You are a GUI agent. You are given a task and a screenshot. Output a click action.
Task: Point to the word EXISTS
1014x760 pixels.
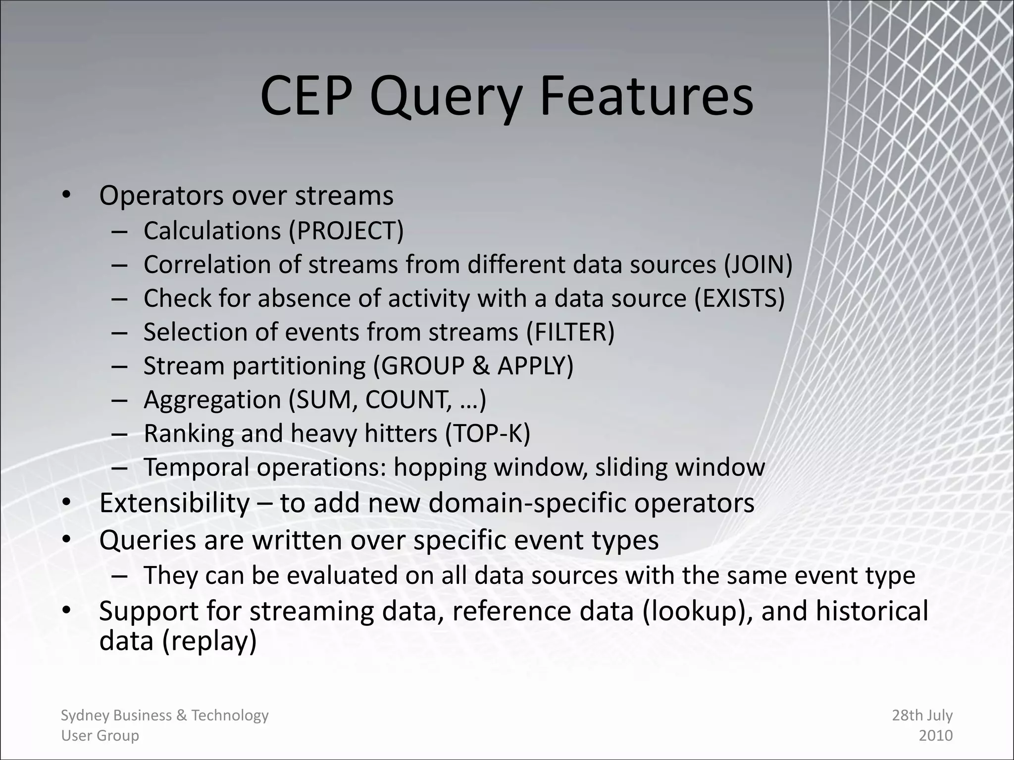coord(739,299)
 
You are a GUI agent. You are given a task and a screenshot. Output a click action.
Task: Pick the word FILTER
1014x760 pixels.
coord(570,332)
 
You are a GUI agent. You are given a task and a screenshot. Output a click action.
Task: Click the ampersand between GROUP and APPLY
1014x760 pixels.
coord(480,366)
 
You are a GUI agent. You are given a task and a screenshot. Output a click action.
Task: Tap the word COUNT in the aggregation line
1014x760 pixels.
coord(406,400)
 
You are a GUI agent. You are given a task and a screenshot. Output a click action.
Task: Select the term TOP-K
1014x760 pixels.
coord(488,433)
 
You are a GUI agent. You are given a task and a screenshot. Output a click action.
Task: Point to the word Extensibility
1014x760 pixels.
coord(174,503)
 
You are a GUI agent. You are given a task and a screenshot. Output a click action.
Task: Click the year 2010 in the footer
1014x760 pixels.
coord(935,736)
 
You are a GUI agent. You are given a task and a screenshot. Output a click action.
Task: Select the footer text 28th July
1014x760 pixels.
coord(922,715)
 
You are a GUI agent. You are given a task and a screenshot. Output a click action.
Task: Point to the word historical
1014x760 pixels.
coord(871,611)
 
